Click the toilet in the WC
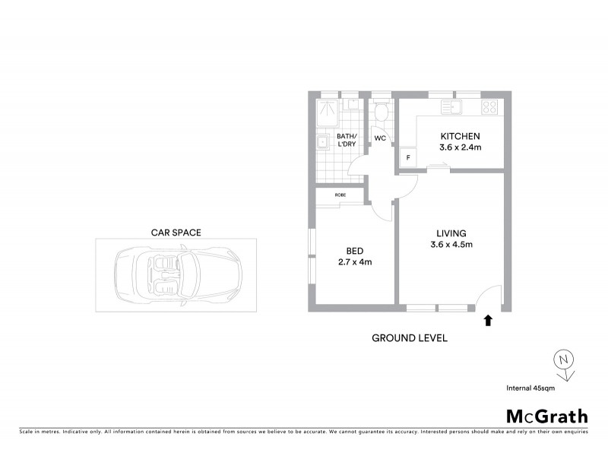pos(382,112)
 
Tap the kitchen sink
pos(454,106)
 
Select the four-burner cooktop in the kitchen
pos(490,106)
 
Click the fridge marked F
pos(408,157)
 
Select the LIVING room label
pos(451,233)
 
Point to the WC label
pos(380,139)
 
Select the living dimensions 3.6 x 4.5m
pos(451,245)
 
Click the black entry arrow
pos(488,321)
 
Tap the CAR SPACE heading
pos(176,233)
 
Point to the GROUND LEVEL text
pos(410,337)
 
